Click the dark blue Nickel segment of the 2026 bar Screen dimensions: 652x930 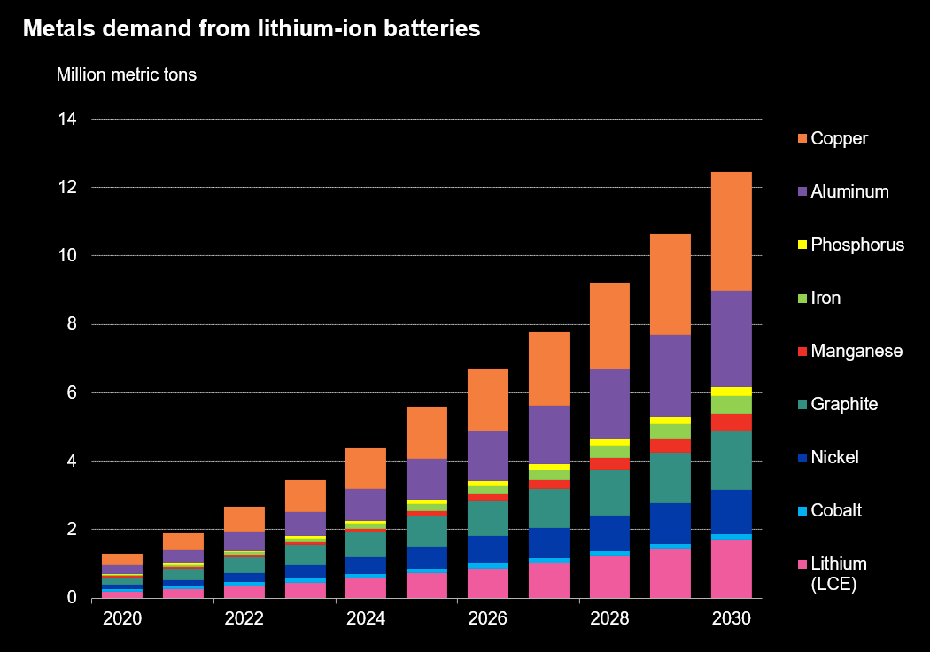pos(487,549)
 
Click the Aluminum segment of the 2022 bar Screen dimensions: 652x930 pos(244,540)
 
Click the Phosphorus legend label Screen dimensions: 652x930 pos(857,244)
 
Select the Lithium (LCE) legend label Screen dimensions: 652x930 pos(838,572)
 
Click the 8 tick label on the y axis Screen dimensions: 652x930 pos(71,324)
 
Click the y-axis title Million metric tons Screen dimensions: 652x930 pos(127,74)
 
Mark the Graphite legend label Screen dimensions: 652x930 pos(844,404)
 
